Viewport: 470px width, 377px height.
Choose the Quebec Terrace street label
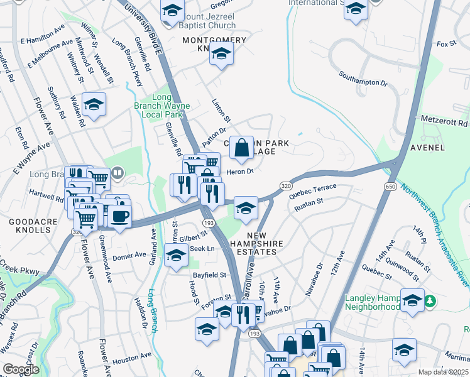pyautogui.click(x=313, y=190)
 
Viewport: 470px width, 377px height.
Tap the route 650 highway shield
pyautogui.click(x=391, y=187)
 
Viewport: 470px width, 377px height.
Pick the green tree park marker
pyautogui.click(x=430, y=302)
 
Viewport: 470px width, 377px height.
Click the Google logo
pyautogui.click(x=21, y=369)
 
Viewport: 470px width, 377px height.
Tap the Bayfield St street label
pyautogui.click(x=210, y=275)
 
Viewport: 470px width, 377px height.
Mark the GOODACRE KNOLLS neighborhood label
pyautogui.click(x=30, y=226)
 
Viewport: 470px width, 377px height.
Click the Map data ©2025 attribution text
pyautogui.click(x=444, y=372)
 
